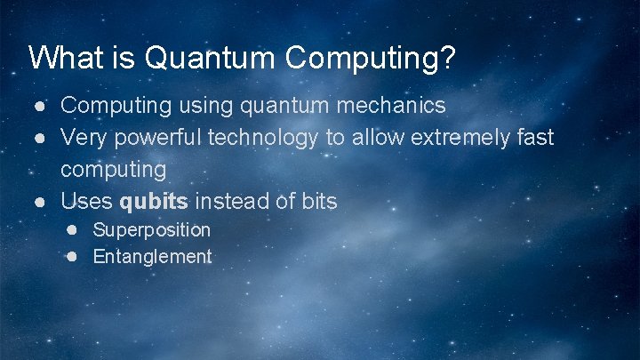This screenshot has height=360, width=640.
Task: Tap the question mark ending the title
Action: click(447, 58)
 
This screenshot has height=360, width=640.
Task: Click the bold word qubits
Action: click(154, 202)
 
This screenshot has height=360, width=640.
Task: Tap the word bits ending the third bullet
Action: click(317, 202)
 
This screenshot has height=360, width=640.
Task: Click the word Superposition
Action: click(151, 230)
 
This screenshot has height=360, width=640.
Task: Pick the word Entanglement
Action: click(152, 258)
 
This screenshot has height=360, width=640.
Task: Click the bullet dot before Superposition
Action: click(74, 229)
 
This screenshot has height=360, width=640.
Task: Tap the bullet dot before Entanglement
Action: click(74, 257)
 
